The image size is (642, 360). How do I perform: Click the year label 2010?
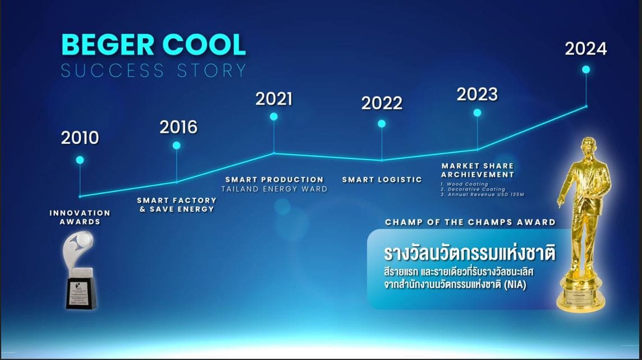(80, 138)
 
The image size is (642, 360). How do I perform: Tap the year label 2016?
(178, 127)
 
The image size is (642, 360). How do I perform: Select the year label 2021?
(274, 99)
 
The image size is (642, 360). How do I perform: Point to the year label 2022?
(382, 103)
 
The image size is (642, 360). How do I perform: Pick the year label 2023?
(477, 94)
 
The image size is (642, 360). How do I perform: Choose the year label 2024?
(586, 49)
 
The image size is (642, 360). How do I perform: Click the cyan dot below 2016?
(177, 145)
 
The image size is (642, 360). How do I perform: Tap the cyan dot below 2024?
(586, 70)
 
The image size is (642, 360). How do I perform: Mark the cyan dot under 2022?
(382, 124)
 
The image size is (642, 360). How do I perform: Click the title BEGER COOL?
(153, 45)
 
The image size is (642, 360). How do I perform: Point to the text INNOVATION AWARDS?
(80, 217)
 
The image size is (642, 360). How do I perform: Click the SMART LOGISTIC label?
(382, 180)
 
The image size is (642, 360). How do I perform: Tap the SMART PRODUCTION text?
(274, 180)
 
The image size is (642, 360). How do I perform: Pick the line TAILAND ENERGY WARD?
(274, 189)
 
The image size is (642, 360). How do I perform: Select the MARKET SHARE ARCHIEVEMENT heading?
(477, 170)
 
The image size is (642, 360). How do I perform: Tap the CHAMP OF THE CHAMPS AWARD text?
(470, 222)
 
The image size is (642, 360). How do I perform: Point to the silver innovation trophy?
(81, 270)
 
